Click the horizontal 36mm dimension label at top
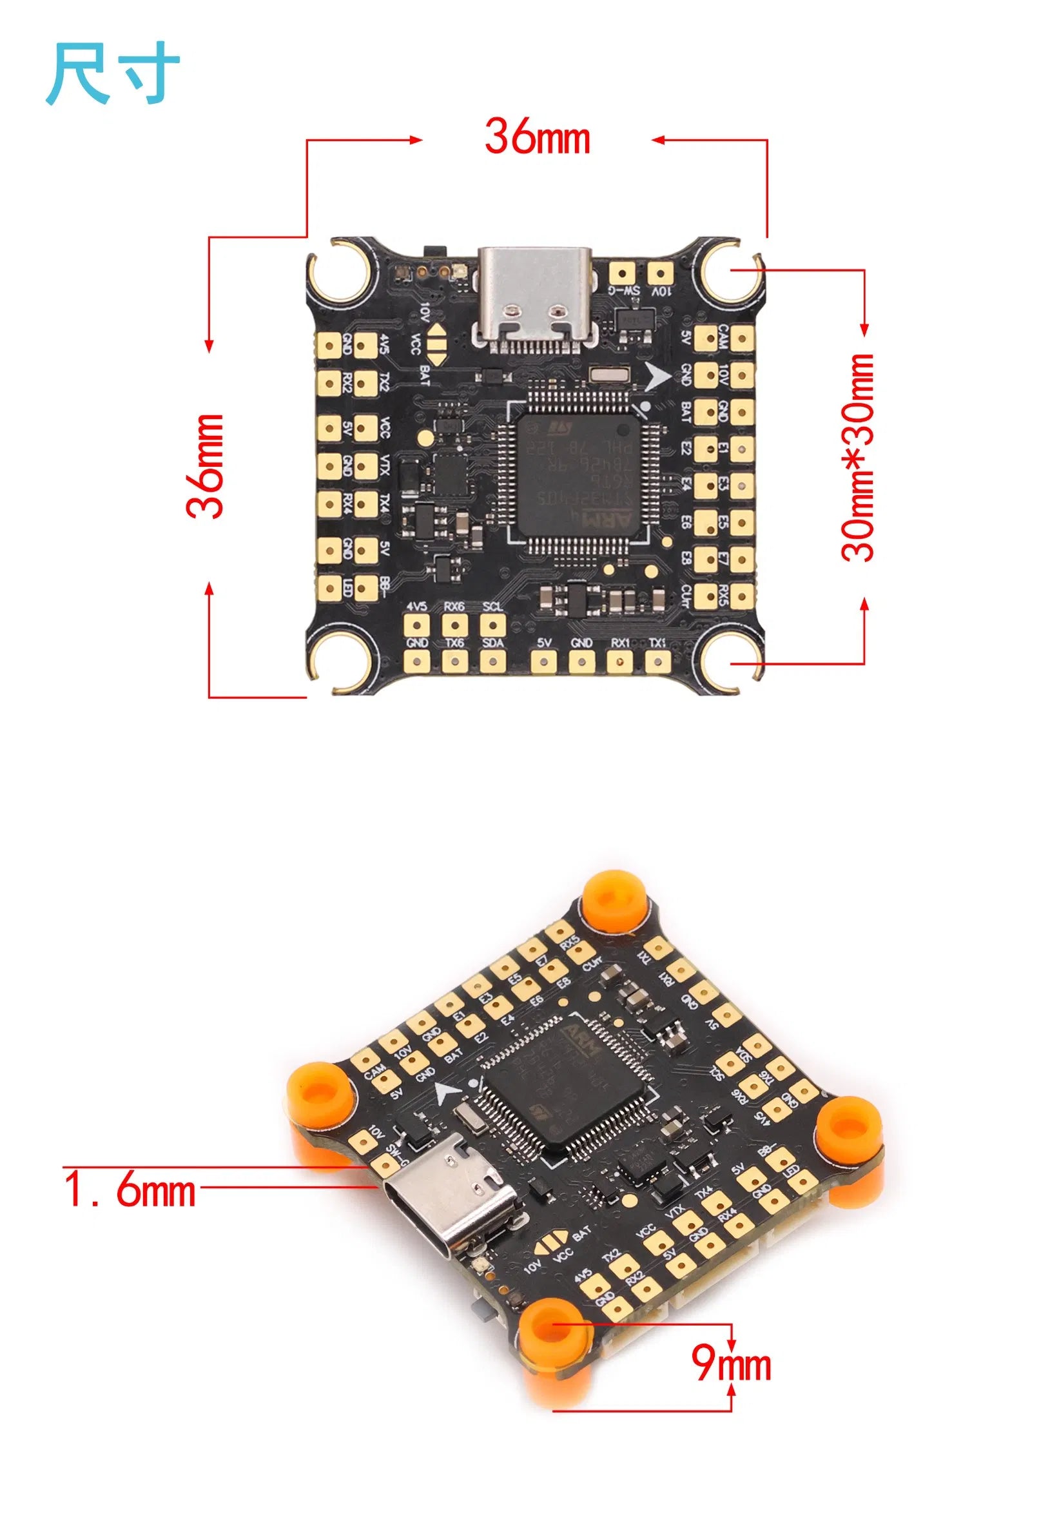(536, 137)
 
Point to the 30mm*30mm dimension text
(857, 457)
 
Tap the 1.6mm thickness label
(130, 1191)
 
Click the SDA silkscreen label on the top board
(492, 642)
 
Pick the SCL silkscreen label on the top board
(492, 607)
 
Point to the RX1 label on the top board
(619, 642)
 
